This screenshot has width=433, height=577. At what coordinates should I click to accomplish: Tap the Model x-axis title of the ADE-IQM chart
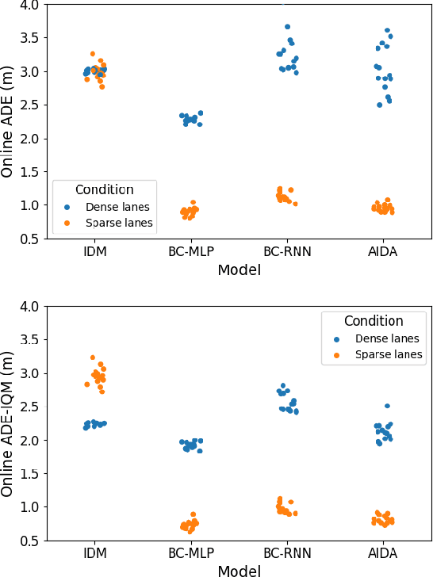click(239, 570)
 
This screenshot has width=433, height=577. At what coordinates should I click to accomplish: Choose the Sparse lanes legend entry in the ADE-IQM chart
click(388, 354)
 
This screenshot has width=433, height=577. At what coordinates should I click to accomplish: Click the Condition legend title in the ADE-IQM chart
click(374, 321)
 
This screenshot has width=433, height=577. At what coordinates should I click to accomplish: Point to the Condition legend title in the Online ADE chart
click(104, 189)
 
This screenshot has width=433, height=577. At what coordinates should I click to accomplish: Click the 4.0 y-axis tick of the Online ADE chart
click(28, 6)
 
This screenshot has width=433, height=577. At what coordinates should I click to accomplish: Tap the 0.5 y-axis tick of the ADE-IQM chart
click(28, 541)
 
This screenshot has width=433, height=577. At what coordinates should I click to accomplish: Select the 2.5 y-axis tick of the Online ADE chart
click(28, 105)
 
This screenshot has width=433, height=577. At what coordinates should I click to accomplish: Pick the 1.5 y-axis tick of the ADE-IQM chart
click(28, 474)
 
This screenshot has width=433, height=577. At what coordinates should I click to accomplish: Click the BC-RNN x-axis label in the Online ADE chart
click(286, 253)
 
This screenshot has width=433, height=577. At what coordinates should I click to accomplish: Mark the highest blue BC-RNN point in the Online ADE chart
click(288, 27)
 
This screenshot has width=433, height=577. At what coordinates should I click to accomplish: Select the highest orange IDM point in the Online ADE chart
click(93, 54)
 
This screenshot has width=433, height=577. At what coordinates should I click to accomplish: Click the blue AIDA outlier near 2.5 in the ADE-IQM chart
click(387, 406)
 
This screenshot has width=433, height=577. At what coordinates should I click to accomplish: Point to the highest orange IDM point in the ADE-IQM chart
click(93, 357)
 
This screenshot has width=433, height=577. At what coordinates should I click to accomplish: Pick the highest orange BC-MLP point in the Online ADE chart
click(193, 203)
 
